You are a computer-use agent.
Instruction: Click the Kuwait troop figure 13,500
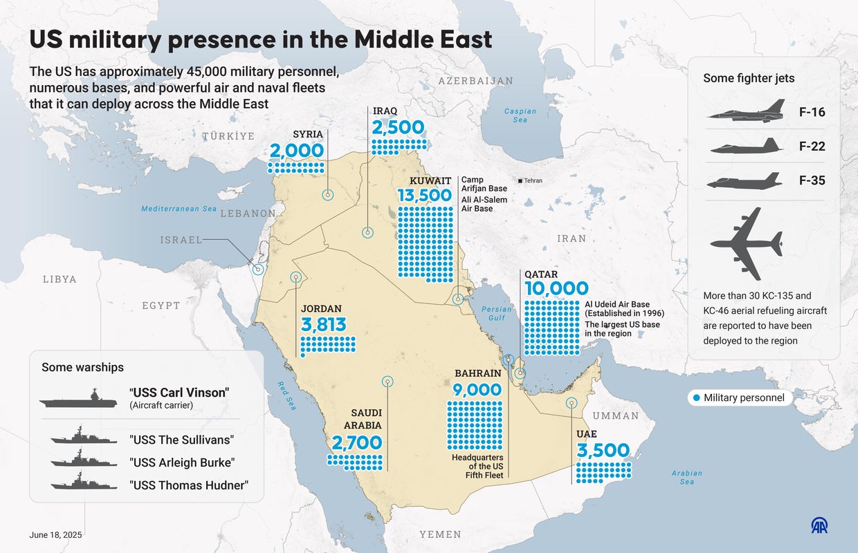[424, 196]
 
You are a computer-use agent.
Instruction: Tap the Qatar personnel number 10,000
[556, 288]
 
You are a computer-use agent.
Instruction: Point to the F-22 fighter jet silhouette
[747, 147]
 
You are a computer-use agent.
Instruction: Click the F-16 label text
[812, 112]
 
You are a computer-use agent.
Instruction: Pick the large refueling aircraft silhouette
[747, 243]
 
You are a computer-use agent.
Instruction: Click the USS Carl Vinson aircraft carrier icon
[78, 399]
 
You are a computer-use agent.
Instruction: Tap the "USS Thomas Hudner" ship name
[188, 485]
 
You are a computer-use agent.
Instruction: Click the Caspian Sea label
[520, 115]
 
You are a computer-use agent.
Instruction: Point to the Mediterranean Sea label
[179, 209]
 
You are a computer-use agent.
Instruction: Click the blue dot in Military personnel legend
[695, 397]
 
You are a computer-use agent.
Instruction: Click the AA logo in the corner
[819, 526]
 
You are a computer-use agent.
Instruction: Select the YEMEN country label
[440, 534]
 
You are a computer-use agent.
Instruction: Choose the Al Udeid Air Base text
[617, 304]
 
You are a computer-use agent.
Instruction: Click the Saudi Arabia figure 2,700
[356, 442]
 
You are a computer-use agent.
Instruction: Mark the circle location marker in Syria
[328, 196]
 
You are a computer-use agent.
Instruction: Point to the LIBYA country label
[60, 279]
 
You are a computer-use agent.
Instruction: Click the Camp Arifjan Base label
[484, 184]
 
